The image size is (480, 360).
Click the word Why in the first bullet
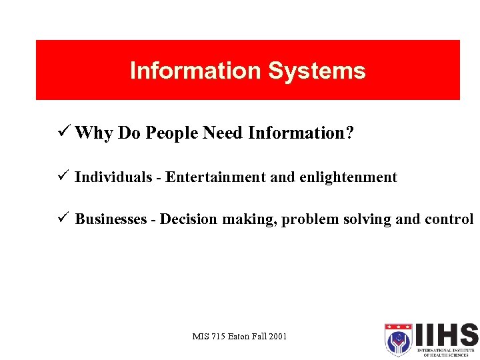[x=94, y=133]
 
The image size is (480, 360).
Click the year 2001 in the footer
[x=277, y=336]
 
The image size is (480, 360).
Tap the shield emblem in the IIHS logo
[x=398, y=339]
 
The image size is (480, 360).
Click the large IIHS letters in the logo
[x=445, y=335]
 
